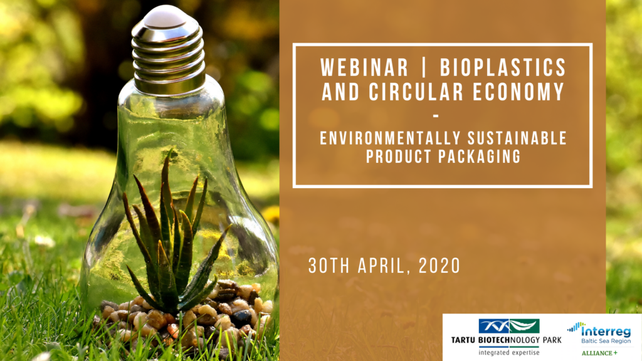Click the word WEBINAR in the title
click(364, 68)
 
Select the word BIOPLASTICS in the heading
click(503, 68)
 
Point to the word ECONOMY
click(518, 92)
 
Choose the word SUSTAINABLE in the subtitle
click(517, 139)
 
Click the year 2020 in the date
click(439, 266)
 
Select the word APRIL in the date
click(385, 266)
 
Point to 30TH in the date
click(329, 266)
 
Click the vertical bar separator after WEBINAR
click(424, 68)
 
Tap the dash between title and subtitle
click(436, 116)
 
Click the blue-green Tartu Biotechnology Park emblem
click(509, 326)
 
